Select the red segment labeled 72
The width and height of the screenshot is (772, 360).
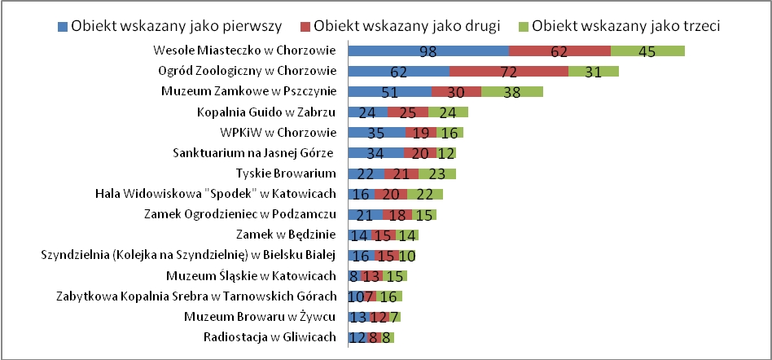point(508,72)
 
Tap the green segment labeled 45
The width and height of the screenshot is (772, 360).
point(647,51)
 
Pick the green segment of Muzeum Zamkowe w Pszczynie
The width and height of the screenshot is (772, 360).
point(511,92)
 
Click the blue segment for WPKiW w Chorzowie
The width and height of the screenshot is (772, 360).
point(376,133)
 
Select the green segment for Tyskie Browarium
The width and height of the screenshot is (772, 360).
point(437,173)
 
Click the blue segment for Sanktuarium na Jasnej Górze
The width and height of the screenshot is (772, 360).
point(375,153)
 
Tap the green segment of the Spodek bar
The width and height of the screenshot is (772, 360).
point(424,194)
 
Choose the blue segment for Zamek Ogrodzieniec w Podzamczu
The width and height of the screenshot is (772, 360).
point(365,214)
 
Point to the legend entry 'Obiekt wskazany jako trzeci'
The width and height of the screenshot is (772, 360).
point(627,25)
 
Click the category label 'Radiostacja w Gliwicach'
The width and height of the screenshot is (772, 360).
point(268,336)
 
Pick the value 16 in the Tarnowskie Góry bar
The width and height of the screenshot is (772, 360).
point(388,296)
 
